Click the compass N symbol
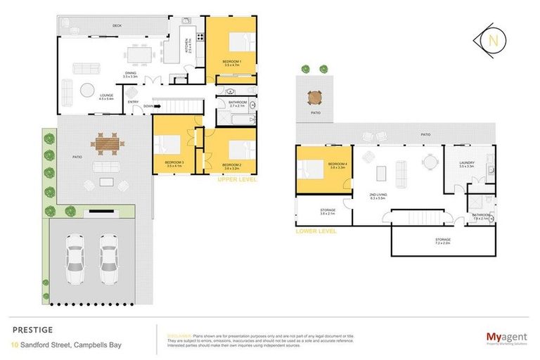point(494,39)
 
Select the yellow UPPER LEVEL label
point(238,179)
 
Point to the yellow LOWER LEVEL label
point(316,230)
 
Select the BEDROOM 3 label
point(174,164)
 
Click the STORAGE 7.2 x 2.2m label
point(442,241)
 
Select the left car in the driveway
point(76,254)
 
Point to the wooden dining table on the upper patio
point(107,143)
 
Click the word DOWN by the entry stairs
point(148,107)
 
